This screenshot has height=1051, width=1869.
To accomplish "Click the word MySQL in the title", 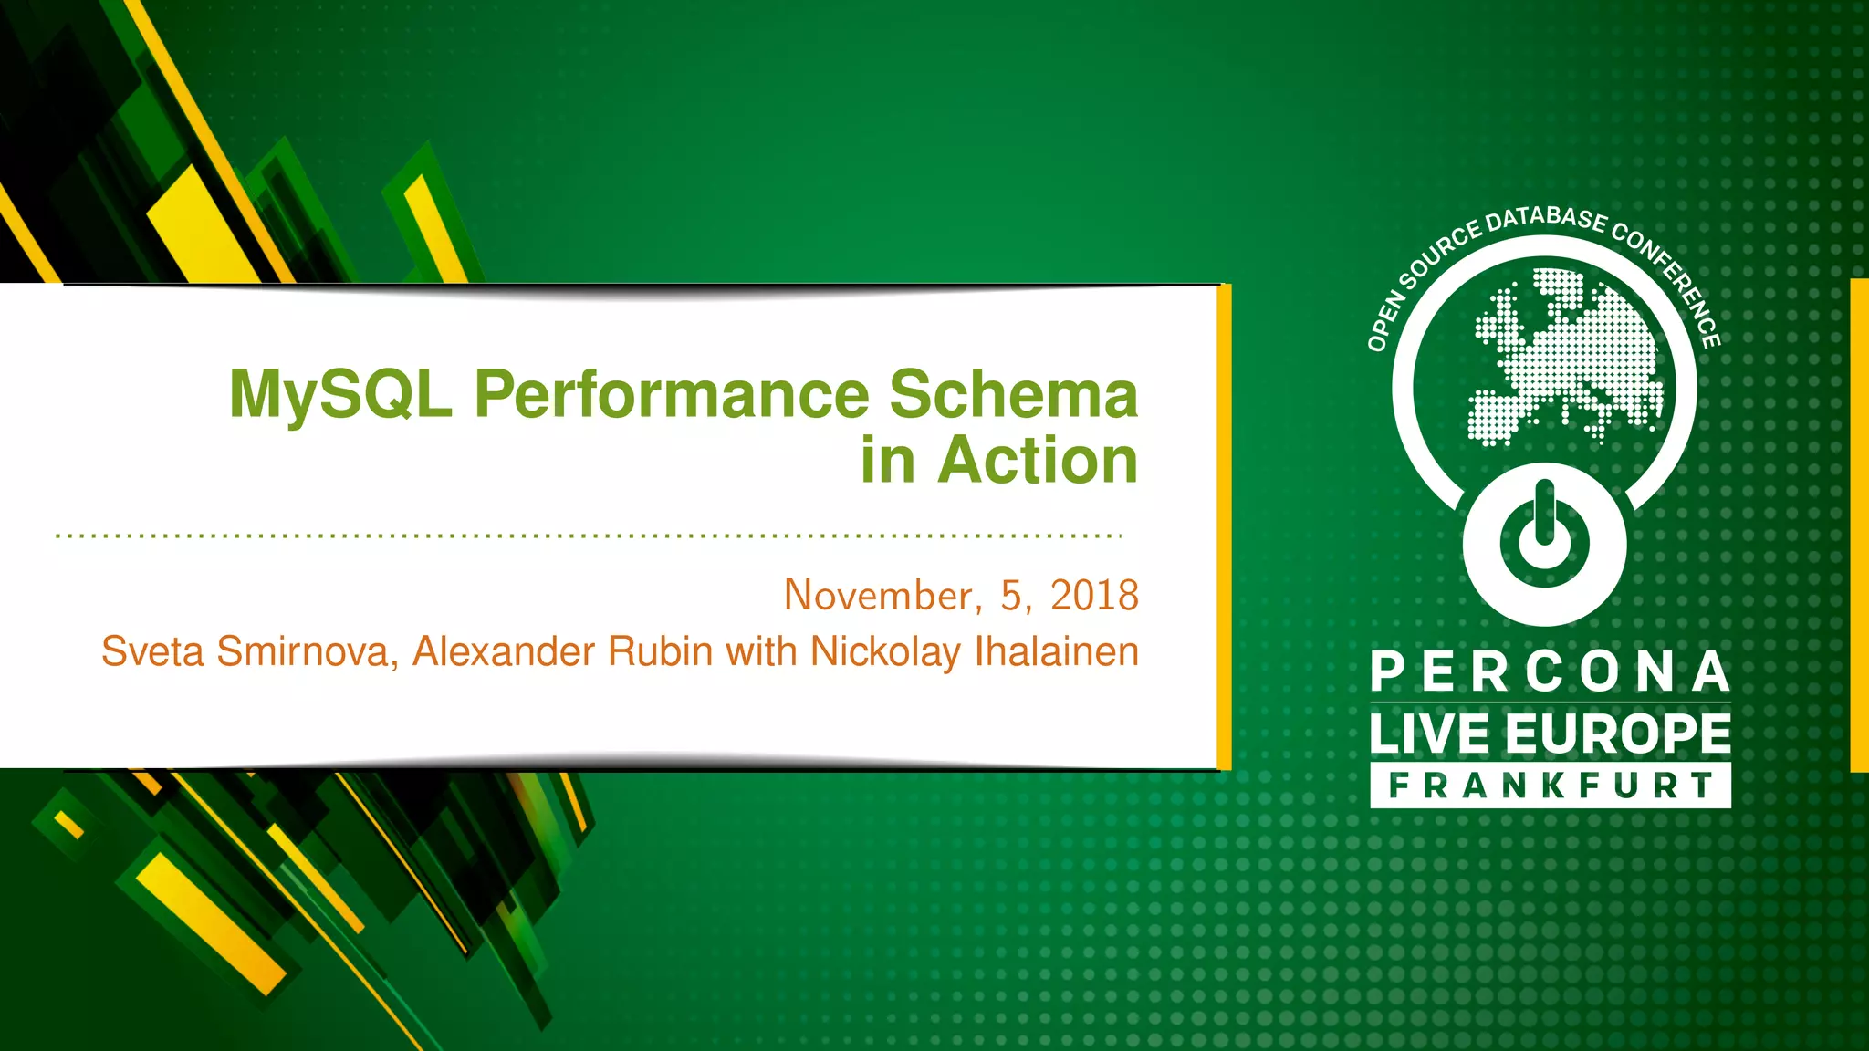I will tap(340, 395).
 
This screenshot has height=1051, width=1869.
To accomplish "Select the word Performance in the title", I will tap(672, 395).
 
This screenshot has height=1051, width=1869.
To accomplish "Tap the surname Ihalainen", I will tap(1057, 652).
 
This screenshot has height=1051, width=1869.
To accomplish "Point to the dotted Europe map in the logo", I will tap(1566, 355).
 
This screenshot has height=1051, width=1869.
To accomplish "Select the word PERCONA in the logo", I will tap(1550, 673).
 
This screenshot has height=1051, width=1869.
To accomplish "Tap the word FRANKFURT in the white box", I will tap(1550, 786).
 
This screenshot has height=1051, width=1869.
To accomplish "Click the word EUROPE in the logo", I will tap(1617, 734).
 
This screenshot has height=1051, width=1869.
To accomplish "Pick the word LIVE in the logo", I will tap(1430, 734).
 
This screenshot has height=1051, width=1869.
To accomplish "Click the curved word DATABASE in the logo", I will tap(1547, 220).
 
